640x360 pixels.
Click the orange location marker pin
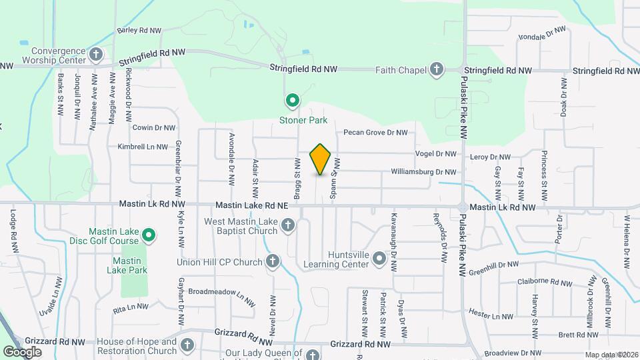click(x=321, y=159)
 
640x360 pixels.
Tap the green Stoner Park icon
click(x=292, y=101)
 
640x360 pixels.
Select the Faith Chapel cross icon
click(x=436, y=69)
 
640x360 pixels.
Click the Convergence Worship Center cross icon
click(x=96, y=53)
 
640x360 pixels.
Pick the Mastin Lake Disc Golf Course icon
click(x=150, y=235)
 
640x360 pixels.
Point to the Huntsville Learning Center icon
click(x=379, y=259)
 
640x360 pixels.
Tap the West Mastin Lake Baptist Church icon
click(x=288, y=225)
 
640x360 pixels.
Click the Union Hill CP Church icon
click(x=273, y=261)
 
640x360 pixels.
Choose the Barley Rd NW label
click(x=139, y=31)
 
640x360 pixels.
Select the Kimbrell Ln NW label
click(x=142, y=147)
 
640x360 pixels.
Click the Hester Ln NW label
click(x=491, y=316)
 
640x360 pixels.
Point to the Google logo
click(x=23, y=351)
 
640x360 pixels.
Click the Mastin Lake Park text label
click(x=126, y=265)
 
